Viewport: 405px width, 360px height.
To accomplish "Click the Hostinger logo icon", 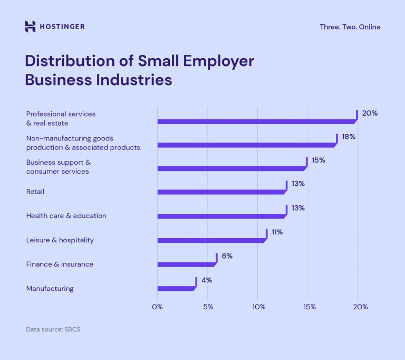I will click(x=31, y=26).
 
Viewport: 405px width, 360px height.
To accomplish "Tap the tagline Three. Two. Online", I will click(x=350, y=27).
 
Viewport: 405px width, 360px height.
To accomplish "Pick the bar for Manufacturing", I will click(x=176, y=288).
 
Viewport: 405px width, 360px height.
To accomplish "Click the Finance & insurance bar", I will click(x=186, y=264).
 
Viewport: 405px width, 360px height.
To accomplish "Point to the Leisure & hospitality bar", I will click(x=211, y=240).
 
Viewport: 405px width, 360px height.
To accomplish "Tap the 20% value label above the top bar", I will click(x=370, y=113).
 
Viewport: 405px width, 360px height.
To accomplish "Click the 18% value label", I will click(x=348, y=136).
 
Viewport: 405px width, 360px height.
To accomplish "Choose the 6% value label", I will click(x=227, y=256).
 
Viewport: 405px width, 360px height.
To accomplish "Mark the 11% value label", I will click(x=277, y=232).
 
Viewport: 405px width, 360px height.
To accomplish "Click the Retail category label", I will click(x=35, y=192).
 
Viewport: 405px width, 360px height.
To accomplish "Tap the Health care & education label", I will click(x=66, y=216).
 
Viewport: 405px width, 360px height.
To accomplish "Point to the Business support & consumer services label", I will click(x=59, y=167).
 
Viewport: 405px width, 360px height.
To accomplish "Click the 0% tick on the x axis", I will click(x=157, y=307).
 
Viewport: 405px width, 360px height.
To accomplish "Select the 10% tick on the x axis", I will click(x=258, y=307).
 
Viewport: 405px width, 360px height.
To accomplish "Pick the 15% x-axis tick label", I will click(x=309, y=307).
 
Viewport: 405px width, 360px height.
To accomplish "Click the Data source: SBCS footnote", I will click(x=53, y=329).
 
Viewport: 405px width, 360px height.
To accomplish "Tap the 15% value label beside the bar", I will click(x=318, y=160).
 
